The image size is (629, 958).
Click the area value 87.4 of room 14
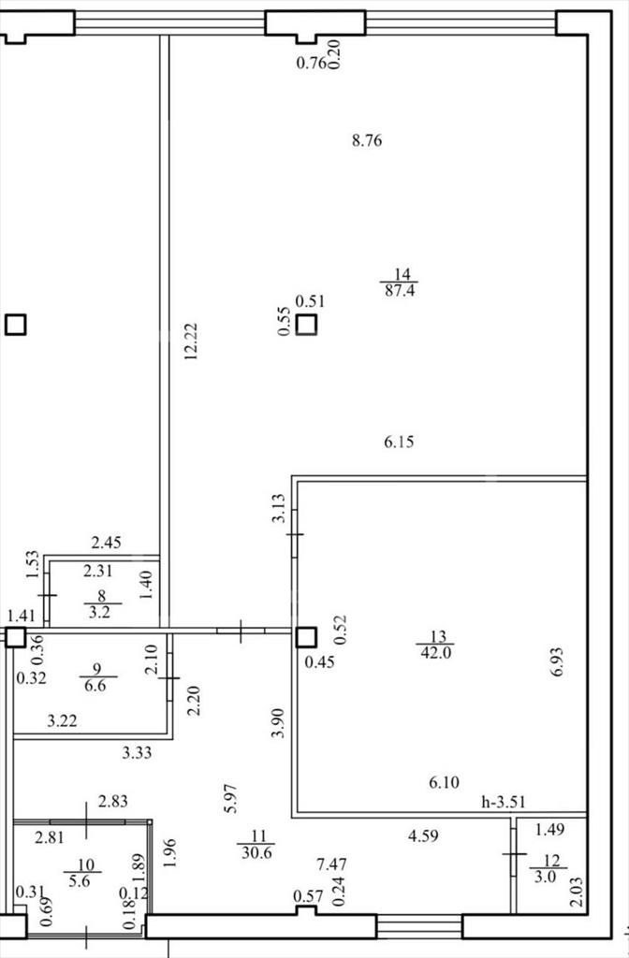pyautogui.click(x=400, y=291)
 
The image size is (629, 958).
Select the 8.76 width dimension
pyautogui.click(x=367, y=141)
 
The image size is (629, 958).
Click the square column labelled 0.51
pyautogui.click(x=307, y=325)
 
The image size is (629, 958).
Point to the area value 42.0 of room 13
pyautogui.click(x=435, y=652)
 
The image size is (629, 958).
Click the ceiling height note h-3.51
pyautogui.click(x=503, y=802)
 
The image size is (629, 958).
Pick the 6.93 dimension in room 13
pyautogui.click(x=556, y=661)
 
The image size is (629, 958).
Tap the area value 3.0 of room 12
pyautogui.click(x=546, y=877)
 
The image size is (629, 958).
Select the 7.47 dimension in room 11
pyautogui.click(x=332, y=864)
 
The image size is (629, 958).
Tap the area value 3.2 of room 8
pyautogui.click(x=99, y=612)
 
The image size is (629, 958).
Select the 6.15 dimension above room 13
pyautogui.click(x=399, y=442)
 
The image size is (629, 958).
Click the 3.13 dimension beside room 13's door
pyautogui.click(x=279, y=508)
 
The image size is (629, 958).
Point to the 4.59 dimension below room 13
pyautogui.click(x=423, y=835)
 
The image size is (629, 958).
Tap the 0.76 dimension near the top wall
pyautogui.click(x=311, y=63)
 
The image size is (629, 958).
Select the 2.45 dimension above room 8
pyautogui.click(x=107, y=542)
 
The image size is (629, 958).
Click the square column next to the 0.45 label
pyautogui.click(x=306, y=638)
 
